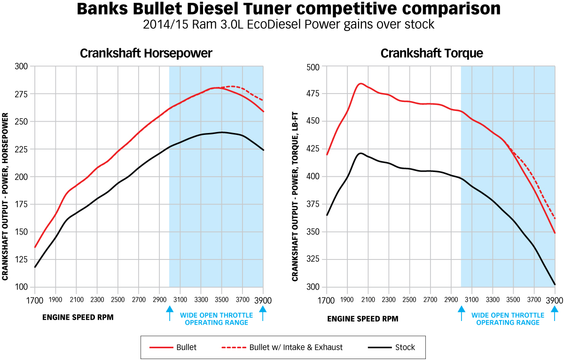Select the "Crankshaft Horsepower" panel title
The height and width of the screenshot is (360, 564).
pos(146,53)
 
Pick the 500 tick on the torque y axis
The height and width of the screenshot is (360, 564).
pos(313,67)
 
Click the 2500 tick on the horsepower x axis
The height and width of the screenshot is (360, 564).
pos(117,299)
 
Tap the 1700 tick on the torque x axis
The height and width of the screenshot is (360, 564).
pos(326,300)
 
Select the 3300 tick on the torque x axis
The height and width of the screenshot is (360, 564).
pos(493,300)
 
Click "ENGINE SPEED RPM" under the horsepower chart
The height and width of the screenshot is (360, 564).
pos(78,317)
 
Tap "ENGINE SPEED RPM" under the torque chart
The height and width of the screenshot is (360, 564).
pos(362,318)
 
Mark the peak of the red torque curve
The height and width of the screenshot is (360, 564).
pos(360,83)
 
